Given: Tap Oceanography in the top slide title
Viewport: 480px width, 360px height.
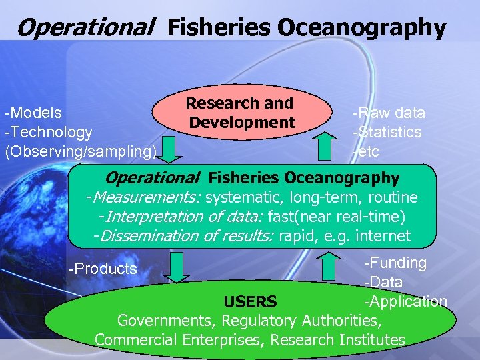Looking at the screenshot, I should (361, 28).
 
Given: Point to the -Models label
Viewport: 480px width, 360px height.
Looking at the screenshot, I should (33, 113).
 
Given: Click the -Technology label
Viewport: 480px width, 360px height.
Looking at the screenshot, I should (49, 132).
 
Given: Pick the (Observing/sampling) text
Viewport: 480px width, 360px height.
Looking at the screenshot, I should (81, 151).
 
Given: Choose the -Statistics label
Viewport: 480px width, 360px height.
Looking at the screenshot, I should (387, 132).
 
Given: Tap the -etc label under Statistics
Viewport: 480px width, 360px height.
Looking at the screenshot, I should (366, 151).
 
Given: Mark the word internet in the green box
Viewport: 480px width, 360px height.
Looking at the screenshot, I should (383, 236).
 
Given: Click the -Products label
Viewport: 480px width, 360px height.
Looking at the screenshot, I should (103, 269).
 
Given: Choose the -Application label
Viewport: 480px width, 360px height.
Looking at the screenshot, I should (405, 301).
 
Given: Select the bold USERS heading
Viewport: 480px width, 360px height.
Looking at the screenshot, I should (250, 302).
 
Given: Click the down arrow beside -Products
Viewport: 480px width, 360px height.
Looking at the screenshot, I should (177, 267).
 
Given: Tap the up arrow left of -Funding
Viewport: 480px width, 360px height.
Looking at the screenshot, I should (327, 266).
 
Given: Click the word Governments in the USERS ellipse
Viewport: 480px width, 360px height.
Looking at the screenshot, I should (166, 321).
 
